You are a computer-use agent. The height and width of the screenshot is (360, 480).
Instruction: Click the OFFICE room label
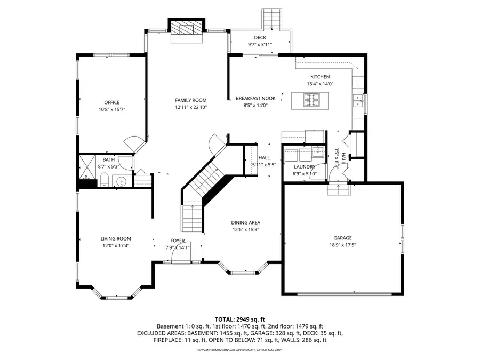coord(111,102)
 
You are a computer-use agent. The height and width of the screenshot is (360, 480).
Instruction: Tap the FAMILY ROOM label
coord(191,100)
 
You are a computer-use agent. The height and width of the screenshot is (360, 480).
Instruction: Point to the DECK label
coord(260,37)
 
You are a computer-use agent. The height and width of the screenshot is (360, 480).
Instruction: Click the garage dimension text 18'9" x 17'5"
coord(343,245)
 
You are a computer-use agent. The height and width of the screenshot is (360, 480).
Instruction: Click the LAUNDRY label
coord(304,166)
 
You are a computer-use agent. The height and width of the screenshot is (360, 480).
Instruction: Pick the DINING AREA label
coord(245,222)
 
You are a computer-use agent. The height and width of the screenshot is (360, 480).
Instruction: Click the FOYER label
coord(178,241)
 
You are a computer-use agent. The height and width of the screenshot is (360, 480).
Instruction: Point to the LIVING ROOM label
coord(116,238)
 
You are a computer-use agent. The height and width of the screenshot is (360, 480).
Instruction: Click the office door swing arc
coord(133,143)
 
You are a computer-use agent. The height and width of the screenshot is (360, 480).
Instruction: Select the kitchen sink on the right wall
coord(359,99)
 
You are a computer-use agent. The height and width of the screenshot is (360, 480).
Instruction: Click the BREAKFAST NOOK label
coord(255,98)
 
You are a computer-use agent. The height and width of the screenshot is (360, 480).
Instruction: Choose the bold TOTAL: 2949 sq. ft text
coord(240,318)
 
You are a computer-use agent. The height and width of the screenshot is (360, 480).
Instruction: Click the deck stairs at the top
coord(272,19)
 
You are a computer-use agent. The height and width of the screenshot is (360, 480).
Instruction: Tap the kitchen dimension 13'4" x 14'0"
coord(320,84)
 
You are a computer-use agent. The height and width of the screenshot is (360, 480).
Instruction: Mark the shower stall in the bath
coord(87,170)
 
